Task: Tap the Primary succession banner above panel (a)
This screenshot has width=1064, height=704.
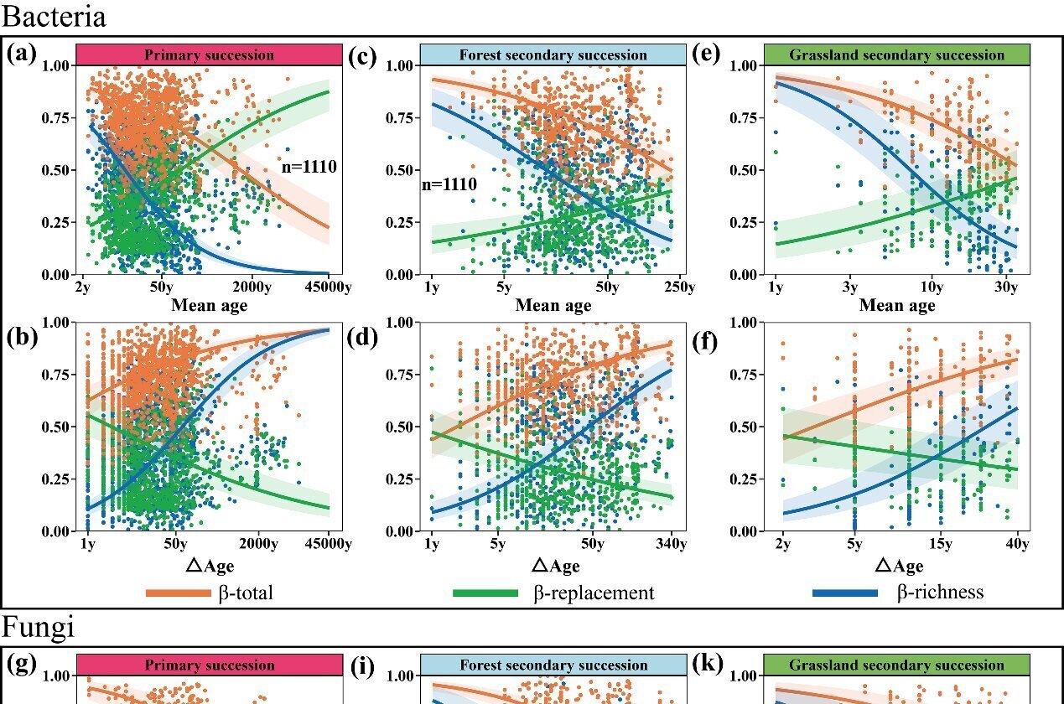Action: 209,54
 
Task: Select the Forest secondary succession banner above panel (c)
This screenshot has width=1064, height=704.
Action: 553,54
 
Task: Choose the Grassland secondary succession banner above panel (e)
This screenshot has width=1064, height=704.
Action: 896,54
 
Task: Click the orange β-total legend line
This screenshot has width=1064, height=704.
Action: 179,593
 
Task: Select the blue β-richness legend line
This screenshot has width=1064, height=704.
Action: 845,593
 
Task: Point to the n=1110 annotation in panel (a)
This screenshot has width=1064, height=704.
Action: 309,168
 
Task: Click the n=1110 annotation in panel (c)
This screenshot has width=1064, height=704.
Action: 449,184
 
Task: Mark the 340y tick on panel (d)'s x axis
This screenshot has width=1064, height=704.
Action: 672,545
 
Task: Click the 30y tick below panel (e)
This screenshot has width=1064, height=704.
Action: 1005,288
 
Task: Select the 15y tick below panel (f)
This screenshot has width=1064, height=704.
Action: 940,545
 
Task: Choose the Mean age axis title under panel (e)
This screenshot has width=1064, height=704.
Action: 896,306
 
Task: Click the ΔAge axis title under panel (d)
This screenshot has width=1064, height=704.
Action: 553,567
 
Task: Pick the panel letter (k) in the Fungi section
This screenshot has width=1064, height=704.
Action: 709,664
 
